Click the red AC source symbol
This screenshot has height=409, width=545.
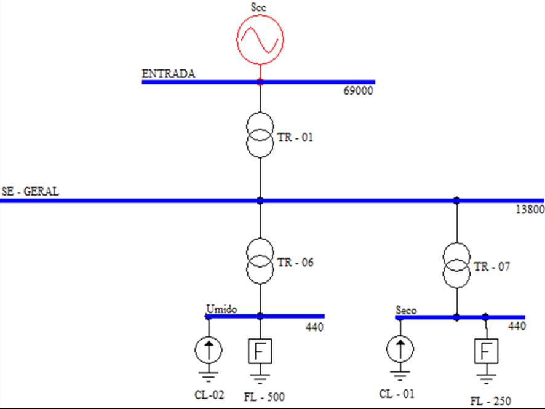[x=260, y=39]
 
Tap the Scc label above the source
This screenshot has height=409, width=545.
[x=260, y=7]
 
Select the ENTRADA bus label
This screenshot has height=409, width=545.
[x=169, y=74]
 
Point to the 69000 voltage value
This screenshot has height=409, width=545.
[x=359, y=92]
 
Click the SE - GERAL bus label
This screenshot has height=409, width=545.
[x=31, y=191]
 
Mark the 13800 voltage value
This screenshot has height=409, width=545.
[x=530, y=210]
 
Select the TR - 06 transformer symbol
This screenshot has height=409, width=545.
[x=260, y=262]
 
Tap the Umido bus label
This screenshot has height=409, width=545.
[x=221, y=309]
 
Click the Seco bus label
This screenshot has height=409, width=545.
[x=406, y=311]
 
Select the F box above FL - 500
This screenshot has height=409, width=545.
[x=260, y=351]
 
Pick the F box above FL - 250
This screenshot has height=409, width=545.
[x=486, y=352]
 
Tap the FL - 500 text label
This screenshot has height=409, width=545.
[x=265, y=397]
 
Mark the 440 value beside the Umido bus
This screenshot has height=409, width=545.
[x=314, y=327]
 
